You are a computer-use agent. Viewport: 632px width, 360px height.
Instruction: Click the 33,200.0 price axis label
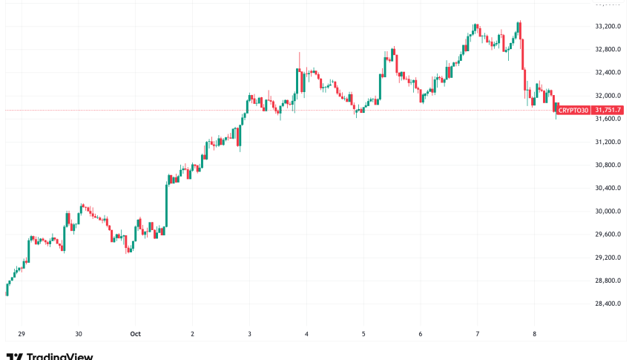[608, 27]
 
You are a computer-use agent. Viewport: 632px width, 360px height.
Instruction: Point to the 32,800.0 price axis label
[608, 50]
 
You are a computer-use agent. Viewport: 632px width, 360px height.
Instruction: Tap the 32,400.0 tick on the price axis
[608, 73]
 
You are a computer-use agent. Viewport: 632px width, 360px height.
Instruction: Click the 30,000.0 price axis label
[608, 211]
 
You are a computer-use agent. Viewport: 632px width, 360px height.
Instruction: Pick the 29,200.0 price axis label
[608, 258]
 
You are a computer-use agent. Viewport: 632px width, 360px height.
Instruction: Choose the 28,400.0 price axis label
[608, 304]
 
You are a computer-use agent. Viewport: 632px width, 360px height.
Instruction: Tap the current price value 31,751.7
[608, 111]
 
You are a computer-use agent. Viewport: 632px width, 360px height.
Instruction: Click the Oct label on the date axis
[135, 334]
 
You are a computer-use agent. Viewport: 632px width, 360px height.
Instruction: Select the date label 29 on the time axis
[22, 334]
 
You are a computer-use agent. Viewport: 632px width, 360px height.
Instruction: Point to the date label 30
[79, 334]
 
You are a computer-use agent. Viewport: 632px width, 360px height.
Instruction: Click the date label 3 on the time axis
[249, 334]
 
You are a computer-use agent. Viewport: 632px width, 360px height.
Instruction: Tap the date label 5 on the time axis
[363, 334]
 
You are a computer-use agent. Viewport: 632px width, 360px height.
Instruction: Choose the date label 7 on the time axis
[477, 334]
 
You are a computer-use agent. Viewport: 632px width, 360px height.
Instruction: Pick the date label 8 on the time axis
[534, 334]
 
